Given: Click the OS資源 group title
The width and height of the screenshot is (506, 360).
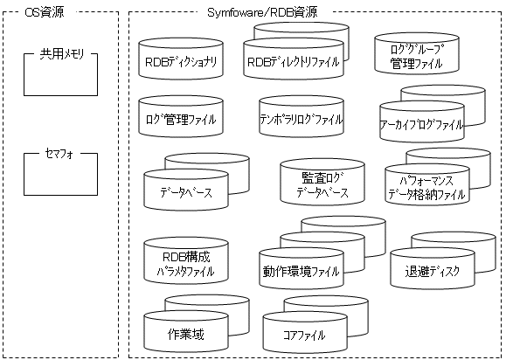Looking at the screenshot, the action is point(45,12).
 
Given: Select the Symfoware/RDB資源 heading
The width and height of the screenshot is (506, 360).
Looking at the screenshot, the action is point(262,12).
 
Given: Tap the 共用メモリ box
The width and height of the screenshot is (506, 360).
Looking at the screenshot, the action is point(60,74).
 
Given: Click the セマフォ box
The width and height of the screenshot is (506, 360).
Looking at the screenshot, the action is point(60,174).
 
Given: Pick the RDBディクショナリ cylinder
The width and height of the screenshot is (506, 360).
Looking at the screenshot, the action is point(181,59).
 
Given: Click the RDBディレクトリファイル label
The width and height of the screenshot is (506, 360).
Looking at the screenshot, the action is point(294,62).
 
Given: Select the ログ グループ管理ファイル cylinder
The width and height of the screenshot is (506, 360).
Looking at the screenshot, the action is point(417,53).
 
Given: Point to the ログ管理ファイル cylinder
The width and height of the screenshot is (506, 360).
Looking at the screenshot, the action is point(181,116).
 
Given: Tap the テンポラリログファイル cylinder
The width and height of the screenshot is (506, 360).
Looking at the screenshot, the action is point(302,116).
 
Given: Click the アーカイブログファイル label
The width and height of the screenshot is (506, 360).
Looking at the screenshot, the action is point(421,125).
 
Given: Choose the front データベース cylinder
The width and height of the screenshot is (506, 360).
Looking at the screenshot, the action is point(186,190).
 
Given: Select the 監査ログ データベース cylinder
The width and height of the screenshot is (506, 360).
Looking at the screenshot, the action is point(322,182).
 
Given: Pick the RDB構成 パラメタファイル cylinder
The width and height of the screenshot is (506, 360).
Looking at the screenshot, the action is point(186,260).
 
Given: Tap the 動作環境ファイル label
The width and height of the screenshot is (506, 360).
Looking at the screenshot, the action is point(302,271).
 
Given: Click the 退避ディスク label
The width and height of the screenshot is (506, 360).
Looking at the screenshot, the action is point(432,271).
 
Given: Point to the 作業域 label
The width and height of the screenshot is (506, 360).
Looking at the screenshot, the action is point(186,334).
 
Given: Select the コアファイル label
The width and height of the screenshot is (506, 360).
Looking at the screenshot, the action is point(304,336).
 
